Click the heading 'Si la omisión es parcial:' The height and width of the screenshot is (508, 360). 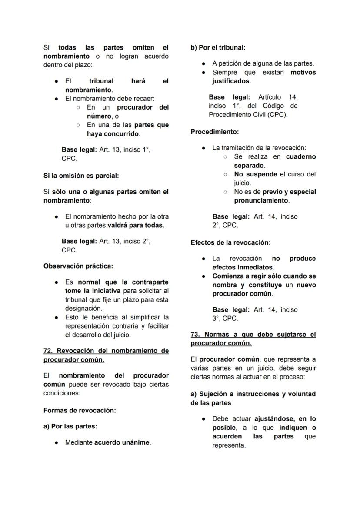(81, 176)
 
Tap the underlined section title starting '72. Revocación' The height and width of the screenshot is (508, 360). (106, 355)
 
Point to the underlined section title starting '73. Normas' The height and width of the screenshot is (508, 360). (253, 339)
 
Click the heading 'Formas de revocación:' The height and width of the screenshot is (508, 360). (80, 410)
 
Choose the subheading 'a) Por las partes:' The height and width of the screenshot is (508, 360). (70, 426)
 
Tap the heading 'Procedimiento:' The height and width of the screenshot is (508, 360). (214, 132)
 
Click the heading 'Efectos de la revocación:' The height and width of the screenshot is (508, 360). (230, 242)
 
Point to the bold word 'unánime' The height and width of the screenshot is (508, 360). (136, 442)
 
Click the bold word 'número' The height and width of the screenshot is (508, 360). (98, 116)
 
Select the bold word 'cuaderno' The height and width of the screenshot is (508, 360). (301, 156)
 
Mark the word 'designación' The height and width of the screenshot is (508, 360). (83, 308)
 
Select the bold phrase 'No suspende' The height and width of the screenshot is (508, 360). (255, 174)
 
